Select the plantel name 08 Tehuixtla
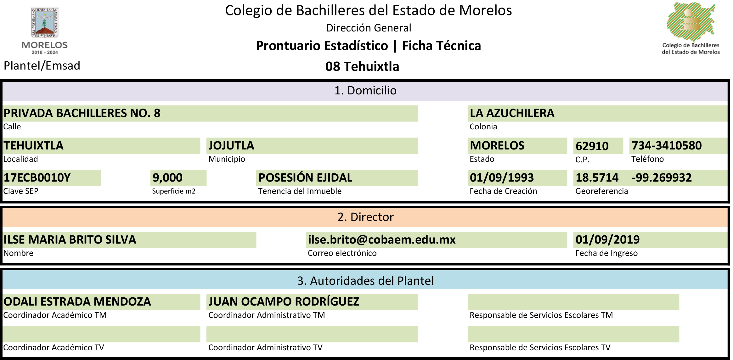click(362, 66)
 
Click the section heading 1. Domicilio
click(365, 91)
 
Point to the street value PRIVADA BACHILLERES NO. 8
click(82, 113)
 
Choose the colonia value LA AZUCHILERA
click(512, 113)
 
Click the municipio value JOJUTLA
click(231, 146)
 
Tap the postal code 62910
click(592, 146)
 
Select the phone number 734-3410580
click(667, 146)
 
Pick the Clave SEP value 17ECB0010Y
click(37, 178)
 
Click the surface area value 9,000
click(167, 178)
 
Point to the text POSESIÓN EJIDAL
click(305, 178)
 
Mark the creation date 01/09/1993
click(502, 178)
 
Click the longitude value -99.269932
click(662, 178)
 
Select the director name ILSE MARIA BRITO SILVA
click(70, 240)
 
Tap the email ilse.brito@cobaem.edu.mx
click(382, 240)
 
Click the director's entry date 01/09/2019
click(607, 240)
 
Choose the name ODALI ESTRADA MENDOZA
click(77, 302)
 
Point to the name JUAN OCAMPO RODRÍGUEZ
click(284, 302)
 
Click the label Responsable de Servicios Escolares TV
click(540, 347)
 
